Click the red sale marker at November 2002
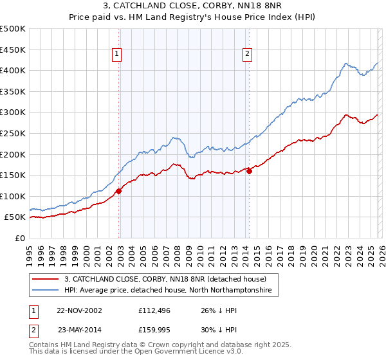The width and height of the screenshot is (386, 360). click(x=119, y=191)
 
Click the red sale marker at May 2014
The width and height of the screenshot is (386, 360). click(x=249, y=171)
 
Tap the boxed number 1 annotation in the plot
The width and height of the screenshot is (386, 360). click(x=117, y=55)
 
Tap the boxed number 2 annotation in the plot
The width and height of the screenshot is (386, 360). click(x=247, y=55)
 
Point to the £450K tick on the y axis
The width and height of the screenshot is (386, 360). click(x=13, y=50)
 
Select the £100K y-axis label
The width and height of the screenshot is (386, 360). click(x=13, y=196)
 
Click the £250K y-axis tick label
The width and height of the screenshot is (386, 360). click(x=13, y=133)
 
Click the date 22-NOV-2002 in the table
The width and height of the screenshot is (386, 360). click(x=79, y=310)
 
